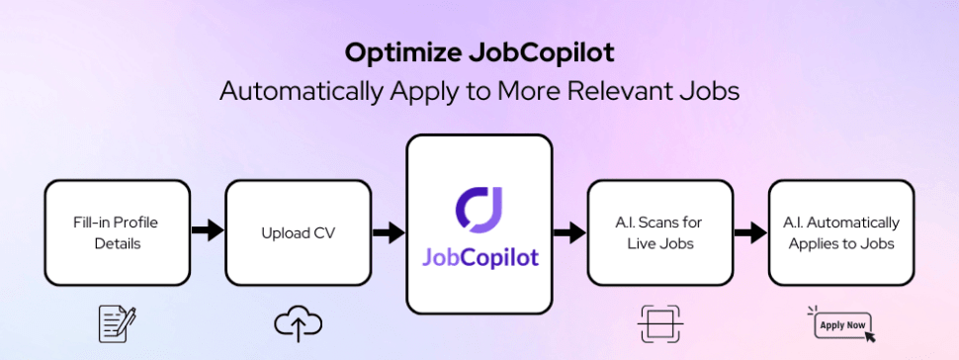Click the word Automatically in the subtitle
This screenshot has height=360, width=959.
point(297,91)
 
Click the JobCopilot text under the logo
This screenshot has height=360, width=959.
point(479,257)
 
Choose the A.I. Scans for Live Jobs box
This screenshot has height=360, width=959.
point(659,232)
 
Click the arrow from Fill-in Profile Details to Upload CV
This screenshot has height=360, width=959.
point(207,231)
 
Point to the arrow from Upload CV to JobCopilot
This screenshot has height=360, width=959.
point(388,232)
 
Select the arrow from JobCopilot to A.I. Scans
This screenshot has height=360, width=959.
point(568,232)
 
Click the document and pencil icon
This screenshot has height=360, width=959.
point(117,322)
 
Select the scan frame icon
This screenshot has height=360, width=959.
point(658,322)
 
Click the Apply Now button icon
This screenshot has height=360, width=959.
point(841,323)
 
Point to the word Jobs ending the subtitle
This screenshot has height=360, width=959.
point(710,91)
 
